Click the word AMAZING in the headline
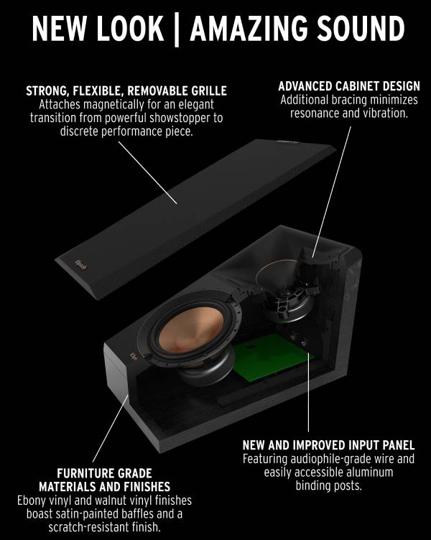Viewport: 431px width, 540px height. (x=249, y=28)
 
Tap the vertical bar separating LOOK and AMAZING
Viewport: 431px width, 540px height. (x=177, y=29)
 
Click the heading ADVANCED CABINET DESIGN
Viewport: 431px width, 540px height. (x=349, y=86)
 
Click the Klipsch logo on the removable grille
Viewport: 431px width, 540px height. (x=82, y=265)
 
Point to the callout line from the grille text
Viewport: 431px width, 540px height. (x=148, y=172)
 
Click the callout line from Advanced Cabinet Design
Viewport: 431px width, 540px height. (x=331, y=192)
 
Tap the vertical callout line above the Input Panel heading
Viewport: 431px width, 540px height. (x=308, y=392)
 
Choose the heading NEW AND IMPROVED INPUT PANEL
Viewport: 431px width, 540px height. (x=328, y=445)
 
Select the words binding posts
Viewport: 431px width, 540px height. (x=329, y=485)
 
